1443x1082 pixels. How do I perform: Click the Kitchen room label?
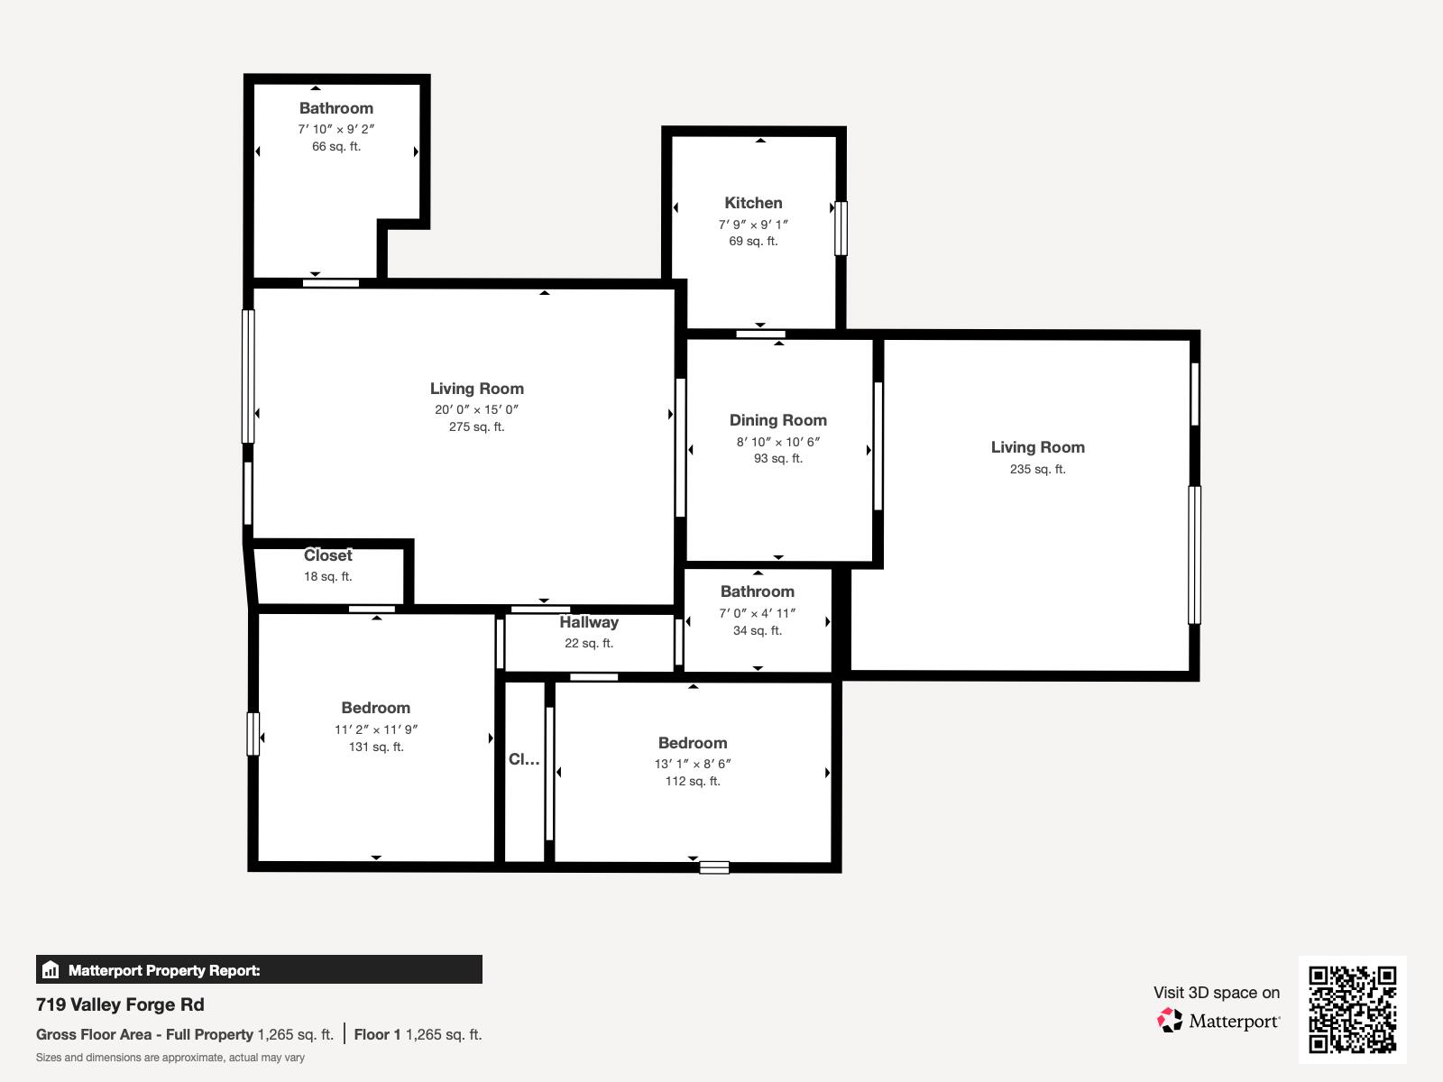753,203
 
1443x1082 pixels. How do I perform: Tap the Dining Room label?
777,420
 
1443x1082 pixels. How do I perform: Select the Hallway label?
588,622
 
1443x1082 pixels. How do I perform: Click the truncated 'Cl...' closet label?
524,759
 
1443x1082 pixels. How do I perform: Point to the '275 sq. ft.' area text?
476,426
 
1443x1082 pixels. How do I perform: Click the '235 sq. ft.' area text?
1037,469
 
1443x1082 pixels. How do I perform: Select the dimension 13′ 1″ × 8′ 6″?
692,764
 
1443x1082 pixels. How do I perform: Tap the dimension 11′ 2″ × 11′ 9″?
376,729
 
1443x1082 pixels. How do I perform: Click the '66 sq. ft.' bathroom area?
335,146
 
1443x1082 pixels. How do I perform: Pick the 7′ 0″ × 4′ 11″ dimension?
757,613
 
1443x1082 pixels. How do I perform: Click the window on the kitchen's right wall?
841,228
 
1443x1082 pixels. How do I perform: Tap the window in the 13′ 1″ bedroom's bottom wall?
713,867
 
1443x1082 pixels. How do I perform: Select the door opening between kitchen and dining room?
760,335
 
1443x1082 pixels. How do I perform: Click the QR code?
1352,1009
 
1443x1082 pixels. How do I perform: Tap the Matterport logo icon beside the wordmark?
1170,1021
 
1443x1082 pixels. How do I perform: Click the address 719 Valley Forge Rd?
120,1004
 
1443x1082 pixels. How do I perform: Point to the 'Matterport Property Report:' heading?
164,970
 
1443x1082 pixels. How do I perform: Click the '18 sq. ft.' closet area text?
327,576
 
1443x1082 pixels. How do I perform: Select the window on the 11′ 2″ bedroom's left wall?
253,734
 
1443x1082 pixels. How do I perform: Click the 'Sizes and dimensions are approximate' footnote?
170,1058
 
